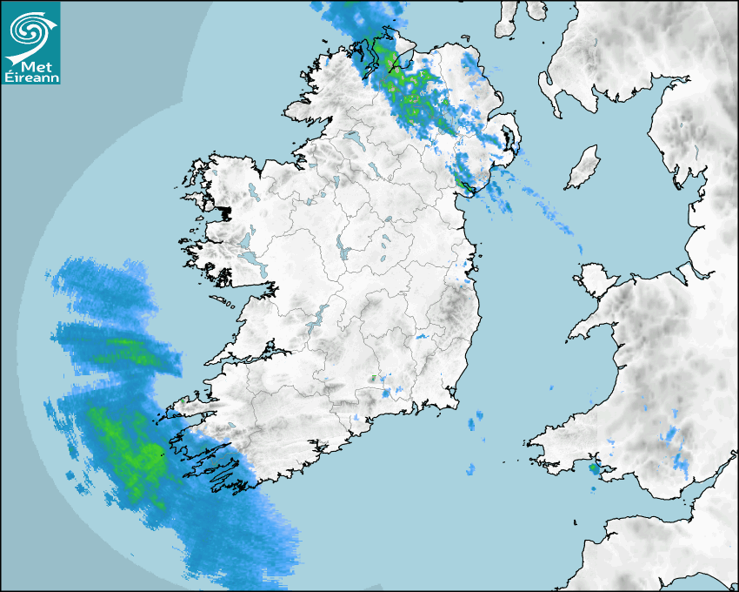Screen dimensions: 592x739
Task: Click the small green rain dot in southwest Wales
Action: [594, 469]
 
